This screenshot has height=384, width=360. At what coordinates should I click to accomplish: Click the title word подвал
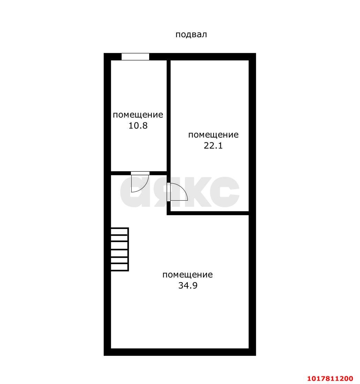[191, 34]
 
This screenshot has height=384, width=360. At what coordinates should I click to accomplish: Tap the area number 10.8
[138, 125]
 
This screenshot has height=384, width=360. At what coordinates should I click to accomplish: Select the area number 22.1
[213, 146]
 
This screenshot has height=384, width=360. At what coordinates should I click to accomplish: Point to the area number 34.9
[188, 285]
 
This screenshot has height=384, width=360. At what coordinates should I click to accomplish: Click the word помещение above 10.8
[138, 115]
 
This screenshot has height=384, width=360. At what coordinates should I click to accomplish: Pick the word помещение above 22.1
[213, 135]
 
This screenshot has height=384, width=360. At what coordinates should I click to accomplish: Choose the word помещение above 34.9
[188, 274]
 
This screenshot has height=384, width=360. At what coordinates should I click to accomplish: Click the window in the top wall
[135, 57]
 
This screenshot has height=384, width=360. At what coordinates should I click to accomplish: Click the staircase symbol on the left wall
[120, 249]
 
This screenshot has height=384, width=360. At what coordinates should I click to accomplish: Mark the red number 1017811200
[330, 378]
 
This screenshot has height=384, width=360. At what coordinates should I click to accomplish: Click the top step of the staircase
[120, 231]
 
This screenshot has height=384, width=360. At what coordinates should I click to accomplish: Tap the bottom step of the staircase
[120, 267]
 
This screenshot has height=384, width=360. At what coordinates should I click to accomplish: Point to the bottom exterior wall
[180, 352]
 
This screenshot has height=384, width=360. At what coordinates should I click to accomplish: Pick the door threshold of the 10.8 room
[140, 173]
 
